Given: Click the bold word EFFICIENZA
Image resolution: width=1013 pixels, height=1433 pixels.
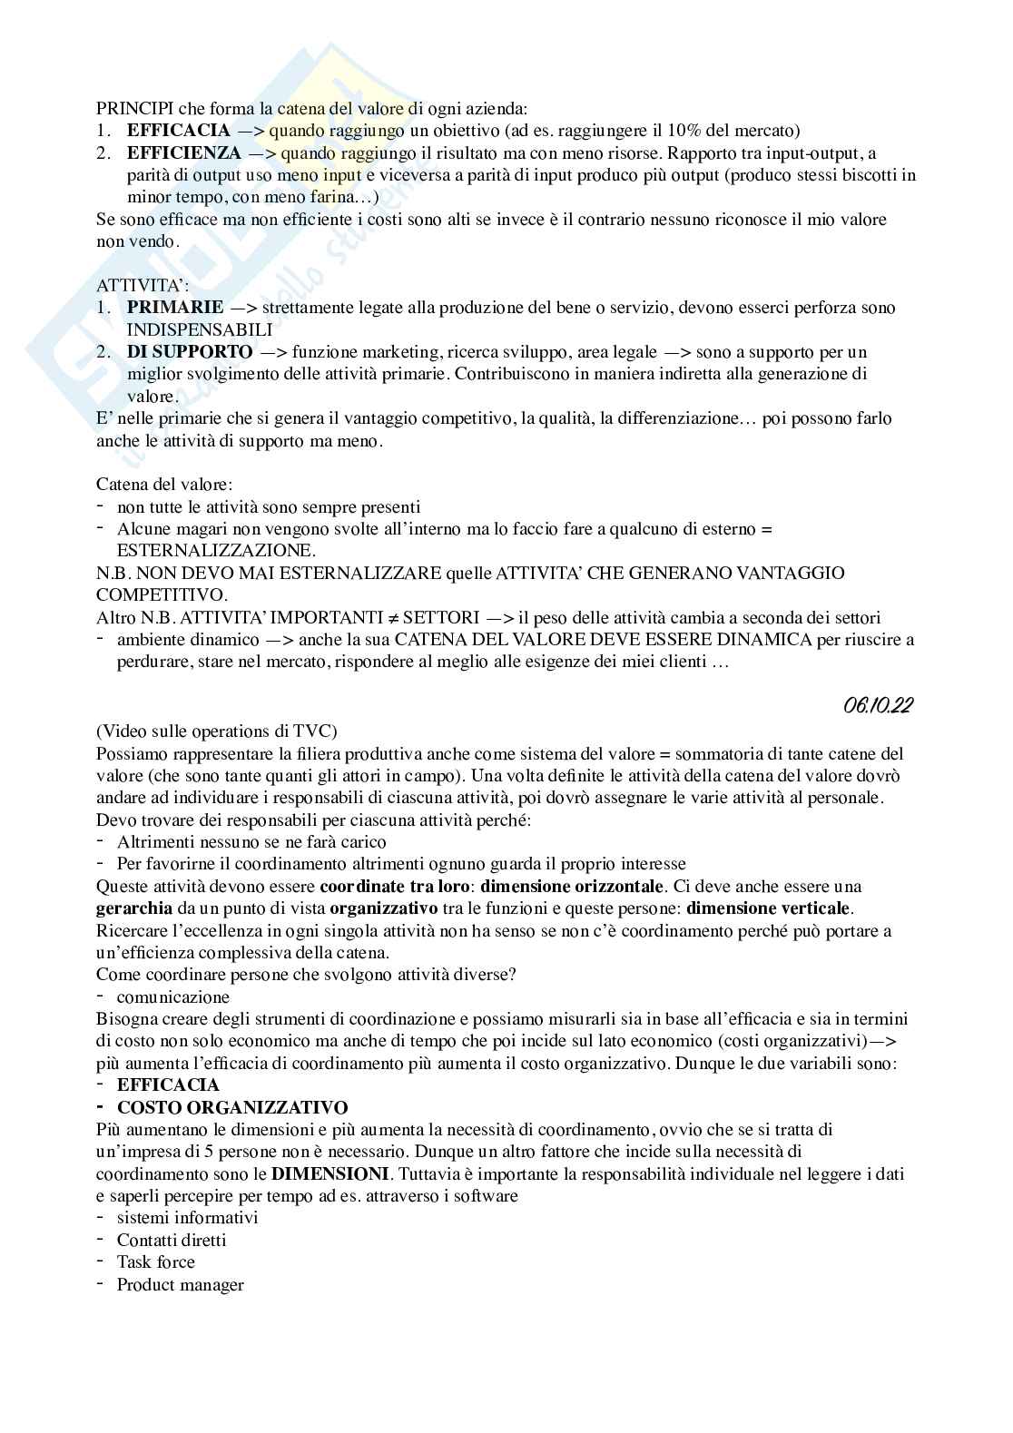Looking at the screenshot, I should [184, 152].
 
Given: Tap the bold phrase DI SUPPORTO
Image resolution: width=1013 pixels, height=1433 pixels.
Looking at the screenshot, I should [190, 352].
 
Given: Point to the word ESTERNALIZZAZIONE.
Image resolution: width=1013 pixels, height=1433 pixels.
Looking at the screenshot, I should [216, 551].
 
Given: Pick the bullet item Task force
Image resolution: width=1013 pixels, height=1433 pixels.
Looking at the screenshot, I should [155, 1262].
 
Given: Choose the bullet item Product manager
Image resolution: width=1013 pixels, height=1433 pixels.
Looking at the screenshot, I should [180, 1285].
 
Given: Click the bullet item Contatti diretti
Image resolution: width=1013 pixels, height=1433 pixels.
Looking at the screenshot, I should [172, 1241].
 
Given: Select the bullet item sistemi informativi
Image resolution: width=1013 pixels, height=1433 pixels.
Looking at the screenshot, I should [187, 1218].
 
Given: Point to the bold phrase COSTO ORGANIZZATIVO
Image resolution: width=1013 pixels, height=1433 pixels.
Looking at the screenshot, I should [232, 1108].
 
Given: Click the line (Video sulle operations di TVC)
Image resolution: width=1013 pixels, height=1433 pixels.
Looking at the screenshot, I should [218, 731].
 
